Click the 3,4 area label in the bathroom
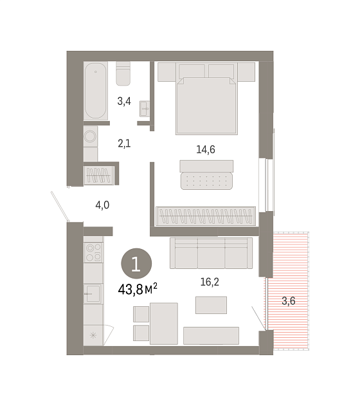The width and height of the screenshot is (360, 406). point(124,101)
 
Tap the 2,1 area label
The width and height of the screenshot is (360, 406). point(124,143)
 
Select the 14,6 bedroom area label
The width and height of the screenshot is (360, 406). point(206,150)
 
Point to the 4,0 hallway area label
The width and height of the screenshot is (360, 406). point(102,205)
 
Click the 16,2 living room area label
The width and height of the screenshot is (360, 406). point(210,282)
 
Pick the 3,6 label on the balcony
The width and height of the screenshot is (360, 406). point(289,301)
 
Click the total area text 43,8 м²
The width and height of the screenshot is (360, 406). point(138,289)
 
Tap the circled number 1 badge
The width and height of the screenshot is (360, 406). point(136,264)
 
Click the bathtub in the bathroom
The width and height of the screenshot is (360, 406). point(96,91)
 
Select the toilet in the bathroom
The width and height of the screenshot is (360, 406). point(123,73)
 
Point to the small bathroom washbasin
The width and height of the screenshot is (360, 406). point(145,109)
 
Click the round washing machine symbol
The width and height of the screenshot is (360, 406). point(91,136)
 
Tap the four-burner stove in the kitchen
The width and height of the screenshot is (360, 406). point(93,252)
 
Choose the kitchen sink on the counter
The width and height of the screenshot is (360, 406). point(93,293)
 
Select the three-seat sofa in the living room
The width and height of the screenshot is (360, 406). point(211,254)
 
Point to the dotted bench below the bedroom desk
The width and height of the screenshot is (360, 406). point(206,181)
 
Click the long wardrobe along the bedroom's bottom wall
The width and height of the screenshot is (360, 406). point(206,216)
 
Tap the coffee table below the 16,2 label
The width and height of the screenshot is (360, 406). point(211,305)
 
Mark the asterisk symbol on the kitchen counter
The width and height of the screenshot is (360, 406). point(93,336)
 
